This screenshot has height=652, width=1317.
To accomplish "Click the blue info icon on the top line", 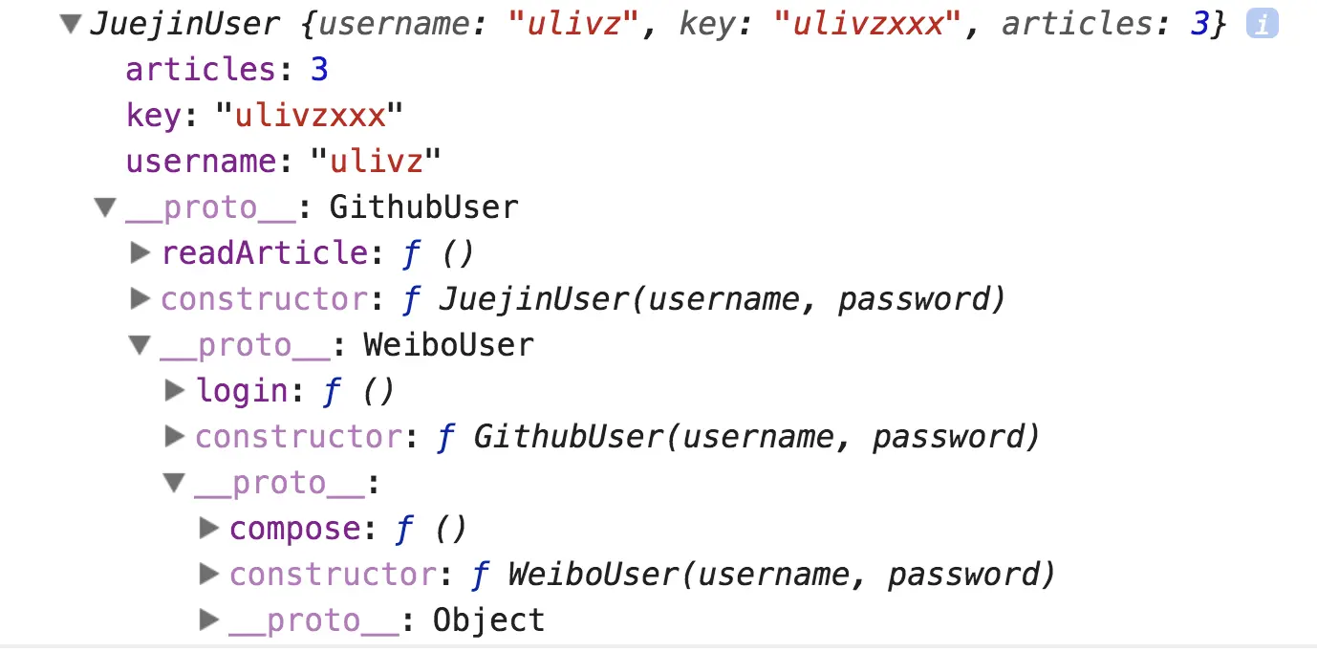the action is click(x=1262, y=26).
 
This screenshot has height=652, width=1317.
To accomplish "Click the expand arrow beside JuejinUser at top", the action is click(x=70, y=25).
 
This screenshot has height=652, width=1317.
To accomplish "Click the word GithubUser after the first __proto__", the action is click(x=423, y=206).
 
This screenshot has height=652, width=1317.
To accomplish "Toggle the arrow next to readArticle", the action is click(x=140, y=252).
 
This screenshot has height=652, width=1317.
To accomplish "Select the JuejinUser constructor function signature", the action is click(x=722, y=299).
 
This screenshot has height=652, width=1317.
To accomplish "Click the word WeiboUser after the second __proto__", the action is click(x=448, y=344).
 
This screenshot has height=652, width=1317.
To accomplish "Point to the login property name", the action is click(x=242, y=390).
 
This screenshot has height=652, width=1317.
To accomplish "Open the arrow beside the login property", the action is click(x=175, y=390).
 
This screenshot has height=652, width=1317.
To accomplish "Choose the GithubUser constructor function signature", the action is click(x=756, y=437).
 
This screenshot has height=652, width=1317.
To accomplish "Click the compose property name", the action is click(x=294, y=528).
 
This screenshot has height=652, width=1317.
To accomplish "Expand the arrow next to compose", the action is click(x=209, y=528).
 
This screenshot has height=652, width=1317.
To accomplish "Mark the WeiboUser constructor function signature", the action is click(x=781, y=575).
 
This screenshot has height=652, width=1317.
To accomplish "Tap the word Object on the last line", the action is click(x=488, y=620).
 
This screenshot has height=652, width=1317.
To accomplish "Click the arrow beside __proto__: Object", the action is click(x=209, y=620).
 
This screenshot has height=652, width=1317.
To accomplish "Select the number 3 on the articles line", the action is click(x=319, y=70).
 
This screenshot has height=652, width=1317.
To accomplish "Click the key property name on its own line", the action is click(x=153, y=116).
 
